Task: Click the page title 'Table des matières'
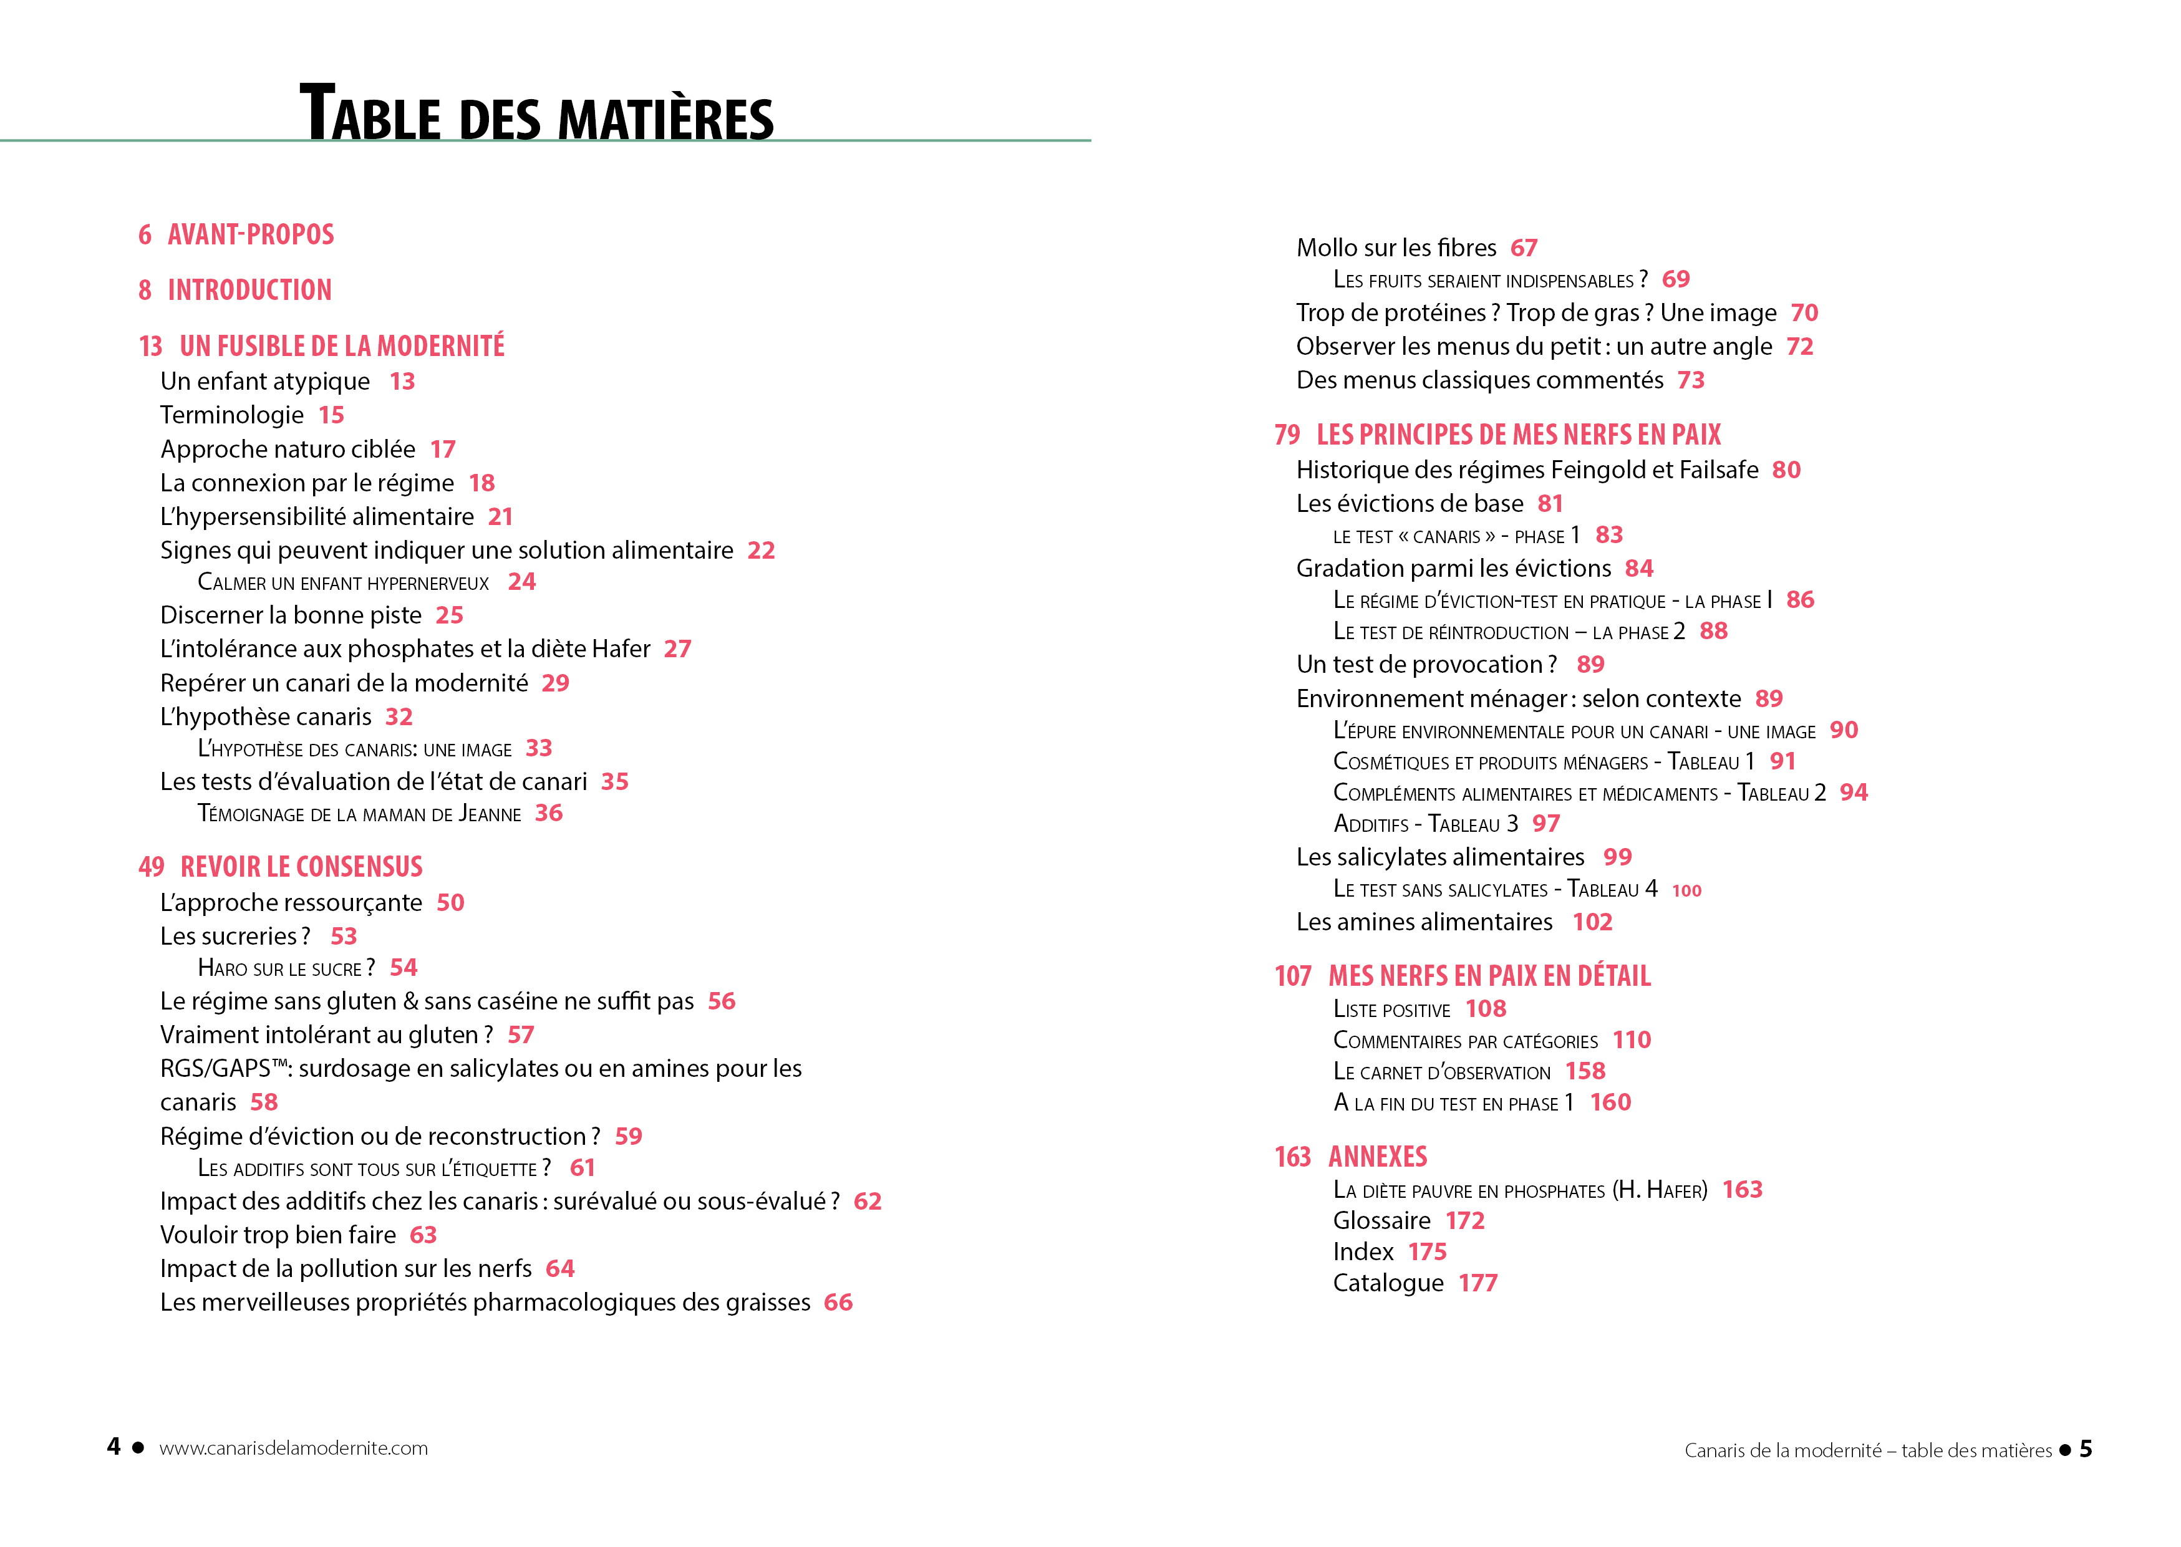(536, 113)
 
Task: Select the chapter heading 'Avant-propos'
(251, 234)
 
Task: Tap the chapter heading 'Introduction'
(249, 289)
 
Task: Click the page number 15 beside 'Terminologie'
(331, 415)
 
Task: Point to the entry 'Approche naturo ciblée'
(288, 449)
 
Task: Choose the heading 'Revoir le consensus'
(301, 867)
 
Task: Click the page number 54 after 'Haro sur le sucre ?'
(403, 968)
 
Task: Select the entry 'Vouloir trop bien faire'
(278, 1235)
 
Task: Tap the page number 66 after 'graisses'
(838, 1302)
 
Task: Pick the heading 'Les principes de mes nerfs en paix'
(1518, 435)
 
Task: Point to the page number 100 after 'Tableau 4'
(1686, 890)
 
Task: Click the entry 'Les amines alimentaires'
(1423, 922)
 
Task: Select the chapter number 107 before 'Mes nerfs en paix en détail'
(1292, 976)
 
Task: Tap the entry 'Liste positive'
(1391, 1010)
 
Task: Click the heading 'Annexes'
(1377, 1157)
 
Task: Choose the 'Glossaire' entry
(1381, 1222)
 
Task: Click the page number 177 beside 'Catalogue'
(1477, 1283)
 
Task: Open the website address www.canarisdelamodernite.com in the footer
(294, 1448)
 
